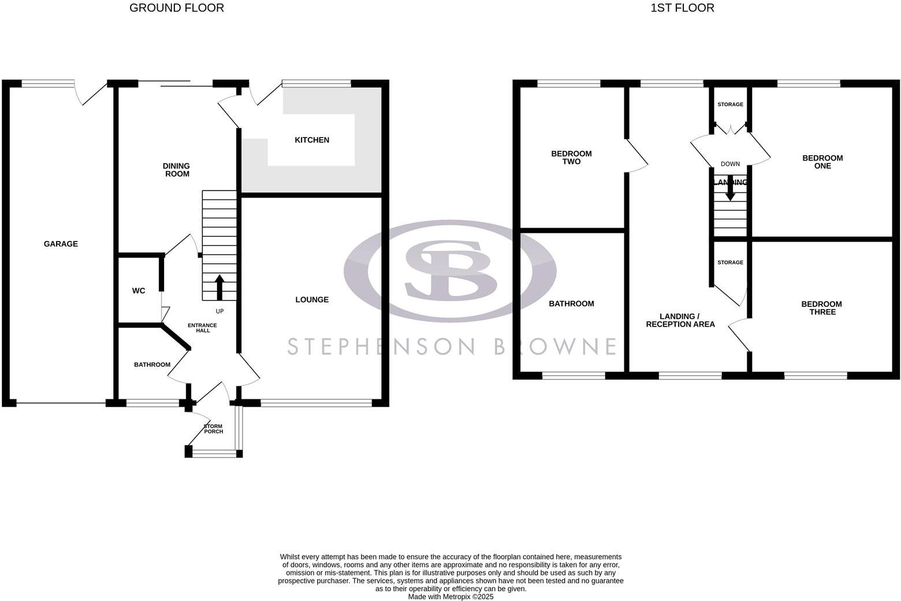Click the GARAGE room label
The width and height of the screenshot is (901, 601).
[x=61, y=244]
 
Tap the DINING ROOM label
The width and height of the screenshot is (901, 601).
[x=176, y=170]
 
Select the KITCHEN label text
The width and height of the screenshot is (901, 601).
[x=312, y=140]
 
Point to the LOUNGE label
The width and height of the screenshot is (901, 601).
[x=312, y=299]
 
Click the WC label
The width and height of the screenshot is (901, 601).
[x=139, y=291]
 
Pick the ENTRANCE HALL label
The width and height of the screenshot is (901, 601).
[x=203, y=328]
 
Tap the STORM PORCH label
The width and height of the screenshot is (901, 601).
[x=213, y=429]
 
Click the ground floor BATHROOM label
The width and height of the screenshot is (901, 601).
[x=152, y=365]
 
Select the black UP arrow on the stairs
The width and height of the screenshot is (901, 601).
[x=219, y=287]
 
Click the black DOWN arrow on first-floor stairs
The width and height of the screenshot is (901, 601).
[x=730, y=190]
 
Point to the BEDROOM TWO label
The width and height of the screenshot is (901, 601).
[x=571, y=158]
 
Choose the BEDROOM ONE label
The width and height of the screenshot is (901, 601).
[x=822, y=162]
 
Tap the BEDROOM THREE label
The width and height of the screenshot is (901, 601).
[x=821, y=308]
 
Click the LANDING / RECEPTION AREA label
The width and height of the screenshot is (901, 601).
[x=680, y=320]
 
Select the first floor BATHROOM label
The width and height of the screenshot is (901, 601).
[x=571, y=303]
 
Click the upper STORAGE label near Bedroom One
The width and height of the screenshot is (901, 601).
[x=730, y=105]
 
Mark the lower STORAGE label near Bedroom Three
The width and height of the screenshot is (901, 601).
[x=730, y=262]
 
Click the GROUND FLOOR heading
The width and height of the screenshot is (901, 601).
[x=176, y=8]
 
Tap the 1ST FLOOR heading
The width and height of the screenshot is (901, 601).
[x=682, y=8]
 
